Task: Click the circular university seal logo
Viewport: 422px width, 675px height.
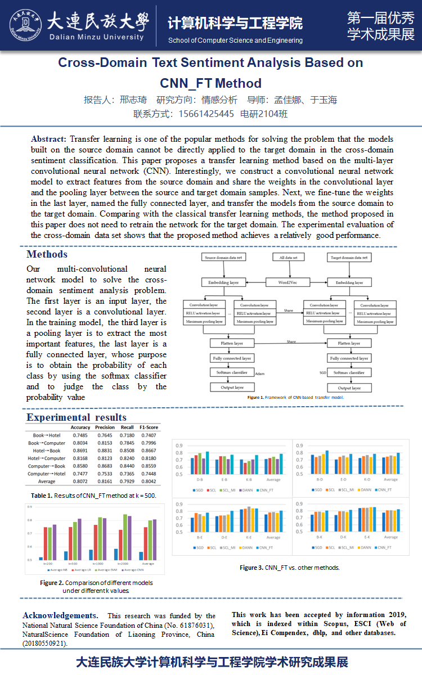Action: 25,26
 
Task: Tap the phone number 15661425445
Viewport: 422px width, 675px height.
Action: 206,114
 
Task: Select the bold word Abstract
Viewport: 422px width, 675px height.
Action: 49,139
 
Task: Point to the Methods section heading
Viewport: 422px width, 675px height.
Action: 47,255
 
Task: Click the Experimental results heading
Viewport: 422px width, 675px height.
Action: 77,417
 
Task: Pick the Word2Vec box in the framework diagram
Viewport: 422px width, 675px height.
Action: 288,282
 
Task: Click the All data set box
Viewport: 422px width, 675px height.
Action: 288,258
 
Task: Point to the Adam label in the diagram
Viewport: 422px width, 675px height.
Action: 259,373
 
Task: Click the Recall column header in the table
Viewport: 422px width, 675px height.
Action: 127,427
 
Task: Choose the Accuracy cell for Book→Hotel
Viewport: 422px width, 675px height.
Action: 80,435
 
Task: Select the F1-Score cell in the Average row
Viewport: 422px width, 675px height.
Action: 149,481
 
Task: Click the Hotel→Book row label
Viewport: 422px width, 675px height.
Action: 46,451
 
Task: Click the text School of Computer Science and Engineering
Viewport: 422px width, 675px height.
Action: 235,40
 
